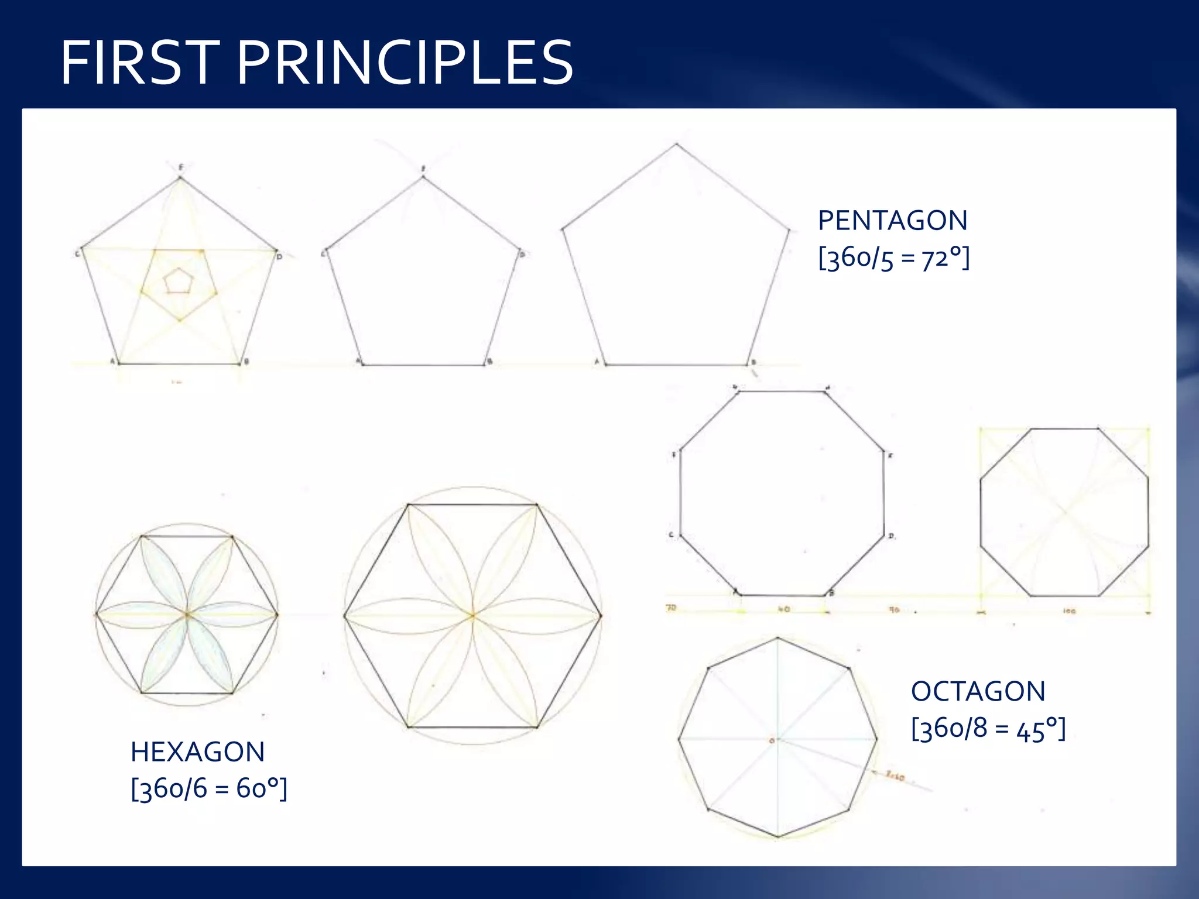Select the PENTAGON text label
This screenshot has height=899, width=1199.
point(892,221)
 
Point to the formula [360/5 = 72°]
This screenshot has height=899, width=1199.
point(893,258)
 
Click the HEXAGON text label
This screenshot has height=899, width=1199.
point(197,752)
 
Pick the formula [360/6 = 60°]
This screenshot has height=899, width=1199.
point(209,789)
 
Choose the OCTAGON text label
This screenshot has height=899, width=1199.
point(978,692)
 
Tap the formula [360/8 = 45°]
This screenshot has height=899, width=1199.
point(988,729)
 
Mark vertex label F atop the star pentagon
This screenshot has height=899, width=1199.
point(181,167)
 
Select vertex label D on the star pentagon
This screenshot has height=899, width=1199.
point(280,257)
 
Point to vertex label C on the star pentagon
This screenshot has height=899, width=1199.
point(77,254)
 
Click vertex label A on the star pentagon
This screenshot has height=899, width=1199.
point(112,362)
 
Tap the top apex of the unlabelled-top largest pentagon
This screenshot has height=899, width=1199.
point(677,143)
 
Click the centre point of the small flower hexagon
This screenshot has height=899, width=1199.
point(187,615)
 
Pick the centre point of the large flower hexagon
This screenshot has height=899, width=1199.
point(472,615)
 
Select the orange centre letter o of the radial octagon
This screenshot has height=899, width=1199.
point(772,741)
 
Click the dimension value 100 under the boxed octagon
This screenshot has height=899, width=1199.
point(1069,611)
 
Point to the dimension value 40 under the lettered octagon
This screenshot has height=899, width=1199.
point(784,609)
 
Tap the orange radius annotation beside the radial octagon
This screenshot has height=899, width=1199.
point(895,777)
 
